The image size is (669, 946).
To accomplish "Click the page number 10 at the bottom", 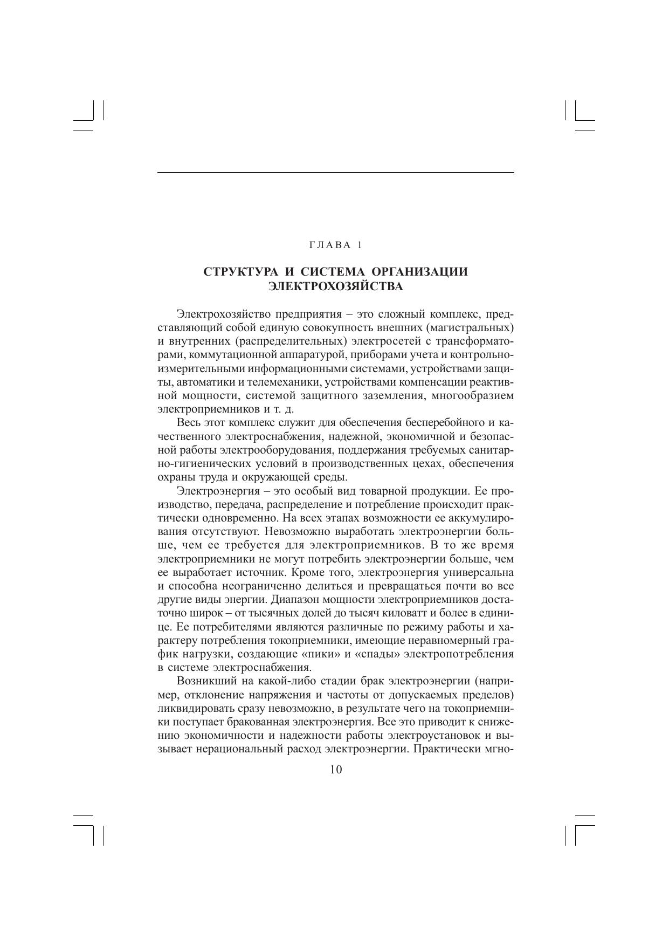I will pyautogui.click(x=335, y=770).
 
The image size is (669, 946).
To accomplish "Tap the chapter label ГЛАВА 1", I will pyautogui.click(x=335, y=245).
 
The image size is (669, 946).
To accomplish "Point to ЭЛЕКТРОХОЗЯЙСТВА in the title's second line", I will pyautogui.click(x=335, y=286).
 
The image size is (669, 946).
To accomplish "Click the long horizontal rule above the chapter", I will pyautogui.click(x=335, y=173).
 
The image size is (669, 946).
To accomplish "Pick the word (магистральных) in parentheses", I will pyautogui.click(x=469, y=328).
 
